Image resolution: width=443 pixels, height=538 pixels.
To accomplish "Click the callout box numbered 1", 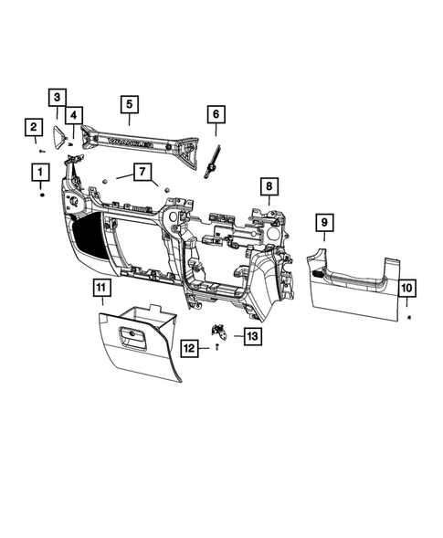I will tap(40, 171).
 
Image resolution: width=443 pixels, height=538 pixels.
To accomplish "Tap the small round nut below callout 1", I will tap(41, 195).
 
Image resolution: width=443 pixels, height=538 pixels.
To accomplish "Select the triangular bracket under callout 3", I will tap(59, 137).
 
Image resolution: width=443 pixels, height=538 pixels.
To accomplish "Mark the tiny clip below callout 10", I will tap(409, 315).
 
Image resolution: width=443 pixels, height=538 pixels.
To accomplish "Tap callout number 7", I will tap(142, 171).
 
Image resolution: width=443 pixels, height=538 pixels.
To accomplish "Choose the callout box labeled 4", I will tap(73, 115).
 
